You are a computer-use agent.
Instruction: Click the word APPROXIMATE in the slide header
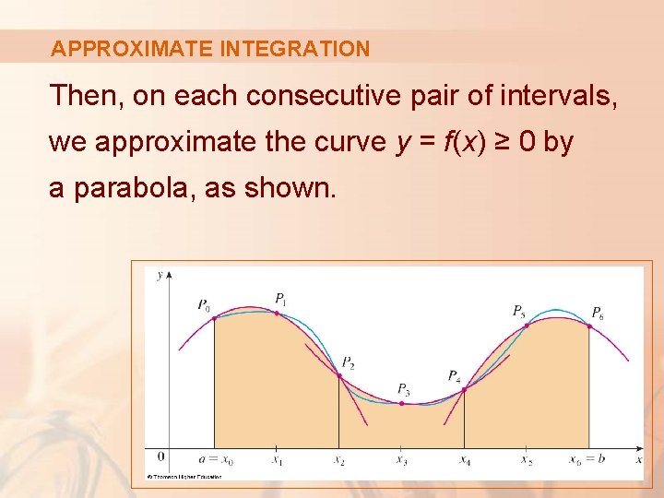coord(133,49)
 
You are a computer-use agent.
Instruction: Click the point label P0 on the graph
coord(203,305)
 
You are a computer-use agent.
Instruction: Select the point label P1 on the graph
coord(281,299)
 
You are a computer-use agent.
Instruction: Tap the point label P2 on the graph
coord(348,362)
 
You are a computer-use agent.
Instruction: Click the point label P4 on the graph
coord(455,375)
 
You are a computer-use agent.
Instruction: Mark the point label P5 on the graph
coord(519,311)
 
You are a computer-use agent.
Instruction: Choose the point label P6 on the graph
coord(598,312)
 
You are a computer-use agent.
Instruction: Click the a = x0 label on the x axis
coord(217,459)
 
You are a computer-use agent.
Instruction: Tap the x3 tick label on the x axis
coord(401,460)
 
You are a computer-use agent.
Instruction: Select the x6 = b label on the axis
coord(587,459)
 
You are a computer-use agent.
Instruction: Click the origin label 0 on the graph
coord(160,456)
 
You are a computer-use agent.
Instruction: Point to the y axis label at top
coord(160,275)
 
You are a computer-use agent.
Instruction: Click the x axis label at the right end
coord(639,458)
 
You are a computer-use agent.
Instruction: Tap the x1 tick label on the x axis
coord(277,460)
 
